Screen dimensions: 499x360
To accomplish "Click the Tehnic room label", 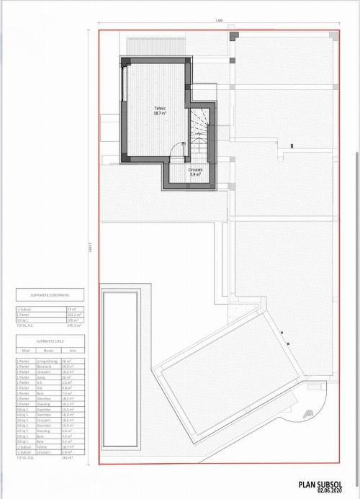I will (x=160, y=109).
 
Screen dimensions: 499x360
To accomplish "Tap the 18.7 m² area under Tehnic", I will (x=160, y=114).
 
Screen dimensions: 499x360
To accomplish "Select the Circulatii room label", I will (x=196, y=170).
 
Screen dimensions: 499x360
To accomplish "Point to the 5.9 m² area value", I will (x=196, y=174).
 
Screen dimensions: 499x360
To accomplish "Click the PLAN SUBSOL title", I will (x=323, y=486).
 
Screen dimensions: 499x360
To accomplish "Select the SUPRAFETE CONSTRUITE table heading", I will (x=49, y=295).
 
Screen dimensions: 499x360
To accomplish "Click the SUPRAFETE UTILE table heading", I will (x=49, y=341).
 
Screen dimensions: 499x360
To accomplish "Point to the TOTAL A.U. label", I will (x=26, y=457).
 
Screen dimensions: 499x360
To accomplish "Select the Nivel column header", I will (x=24, y=351).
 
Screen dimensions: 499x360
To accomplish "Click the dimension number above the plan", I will (x=218, y=20).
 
